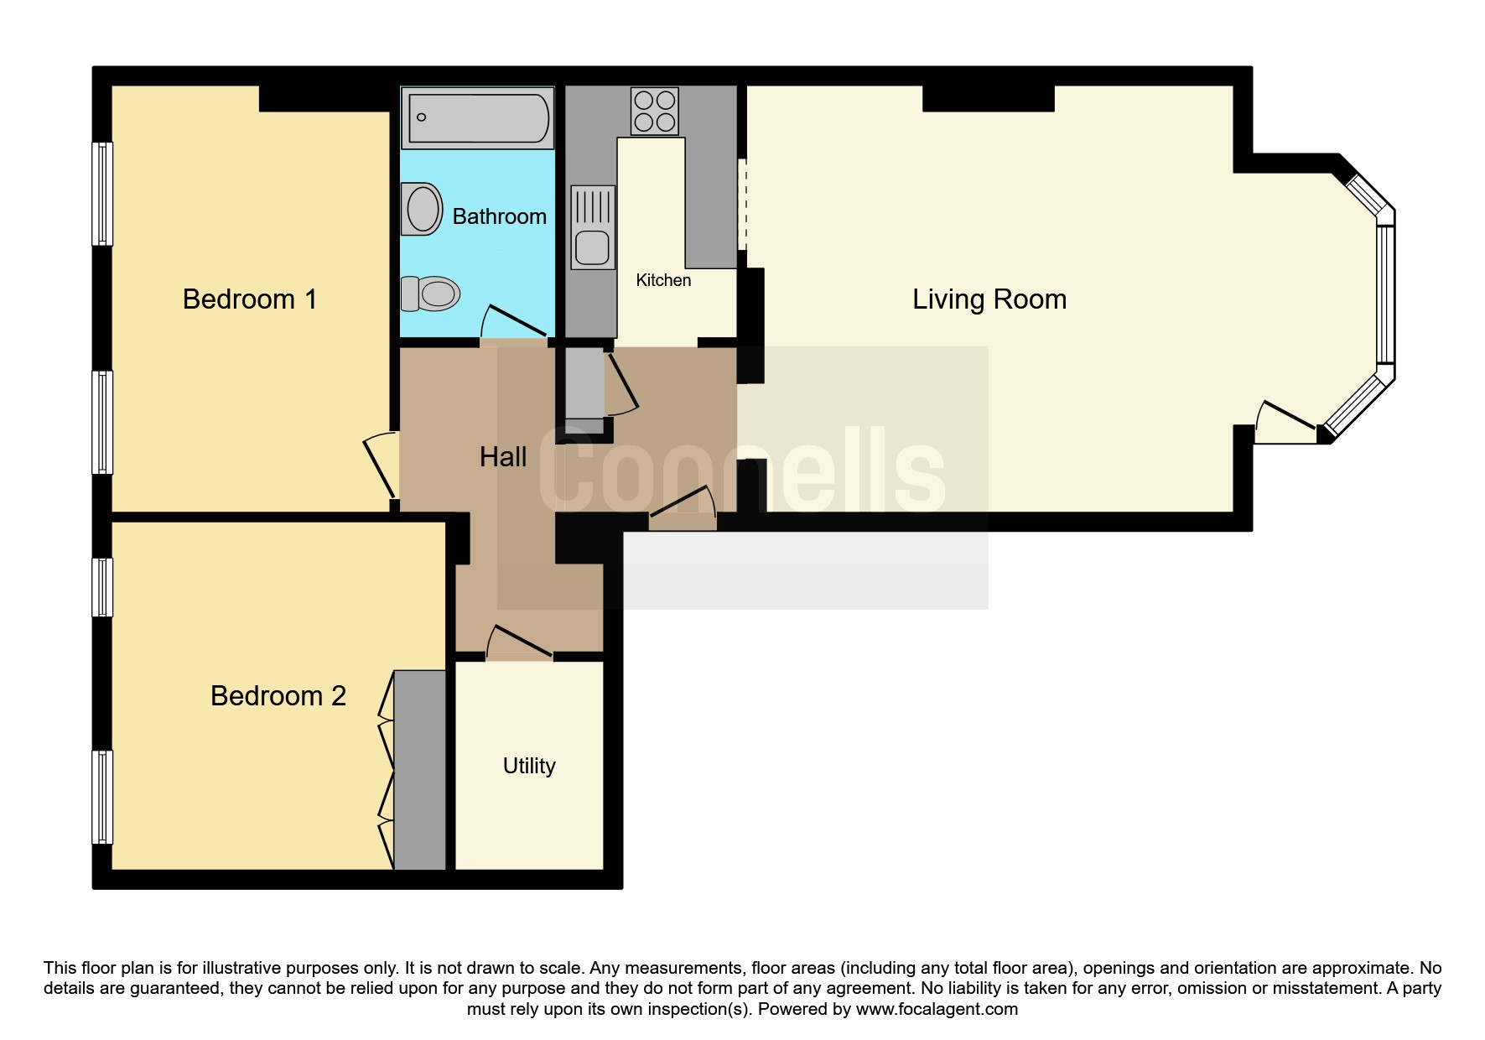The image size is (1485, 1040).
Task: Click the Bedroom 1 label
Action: [x=250, y=299]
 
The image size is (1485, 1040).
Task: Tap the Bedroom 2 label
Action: [x=278, y=696]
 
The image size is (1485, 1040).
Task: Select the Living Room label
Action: [x=989, y=299]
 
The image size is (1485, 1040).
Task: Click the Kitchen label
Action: [x=663, y=280]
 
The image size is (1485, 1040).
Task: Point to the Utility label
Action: [x=529, y=766]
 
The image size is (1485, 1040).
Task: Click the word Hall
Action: [x=503, y=457]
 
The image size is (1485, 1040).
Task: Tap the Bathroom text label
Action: [x=500, y=216]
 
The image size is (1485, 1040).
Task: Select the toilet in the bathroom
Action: [x=430, y=294]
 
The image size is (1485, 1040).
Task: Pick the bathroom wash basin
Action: [x=422, y=209]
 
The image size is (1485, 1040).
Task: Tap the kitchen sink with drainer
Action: [x=593, y=227]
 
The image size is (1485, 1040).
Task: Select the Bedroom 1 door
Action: [x=380, y=465]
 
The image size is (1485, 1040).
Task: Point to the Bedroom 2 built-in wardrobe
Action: [x=420, y=770]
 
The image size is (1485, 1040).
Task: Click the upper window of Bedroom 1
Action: [x=102, y=194]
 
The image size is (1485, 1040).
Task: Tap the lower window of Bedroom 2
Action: [x=102, y=797]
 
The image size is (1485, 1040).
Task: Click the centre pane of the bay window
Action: [x=1387, y=294]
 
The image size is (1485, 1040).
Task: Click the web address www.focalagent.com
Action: [x=937, y=1009]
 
